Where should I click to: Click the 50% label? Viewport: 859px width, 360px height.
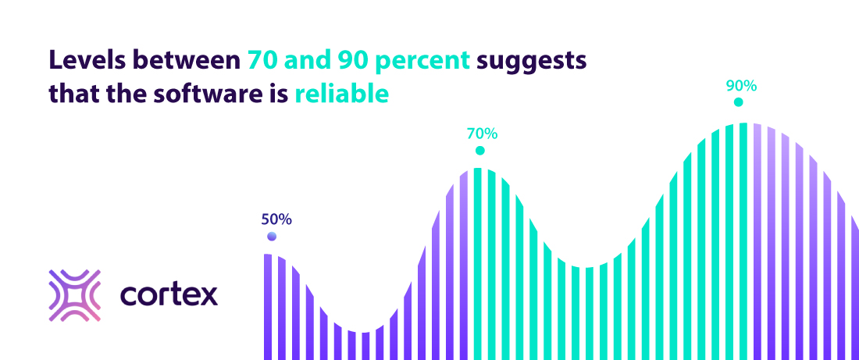coord(276,219)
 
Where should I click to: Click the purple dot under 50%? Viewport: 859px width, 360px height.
coord(271,237)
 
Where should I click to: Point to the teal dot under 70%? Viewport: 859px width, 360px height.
coord(479,151)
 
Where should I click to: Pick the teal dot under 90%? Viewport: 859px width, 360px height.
coord(738,102)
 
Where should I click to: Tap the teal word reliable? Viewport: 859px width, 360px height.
coord(341,94)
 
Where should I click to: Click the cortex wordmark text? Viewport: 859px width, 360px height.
coord(169,295)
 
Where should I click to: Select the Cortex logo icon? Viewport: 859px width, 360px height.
coord(75,295)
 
